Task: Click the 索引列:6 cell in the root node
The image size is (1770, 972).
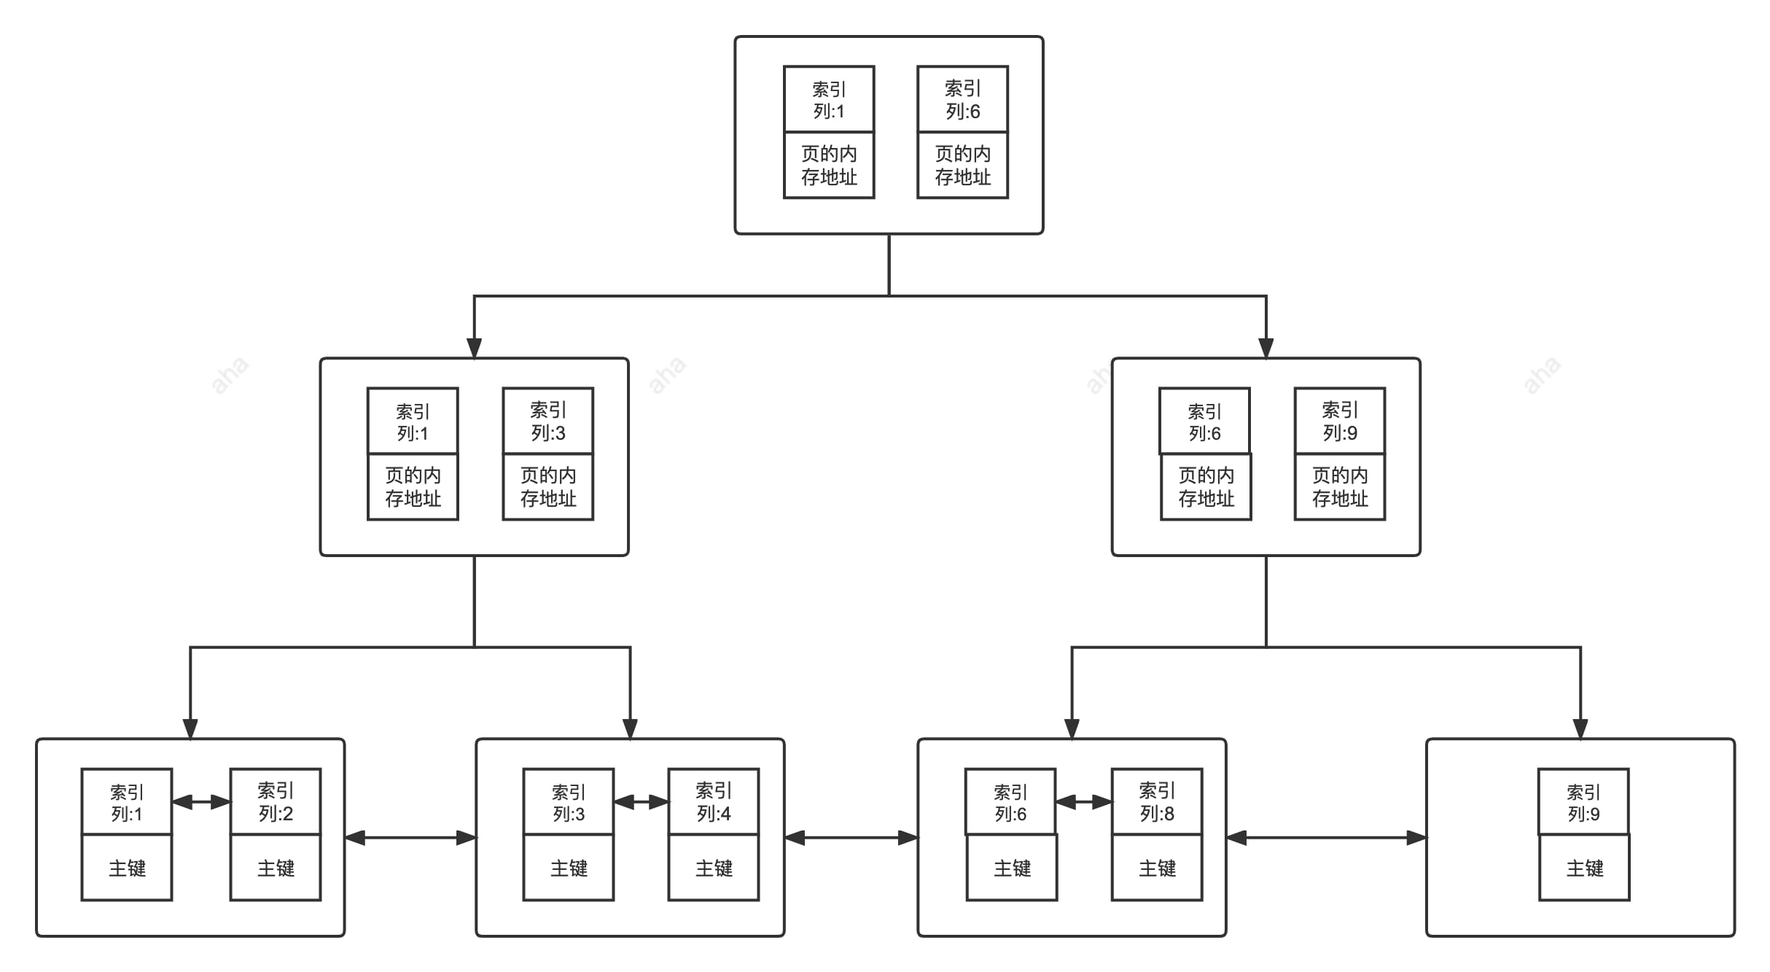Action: coord(962,99)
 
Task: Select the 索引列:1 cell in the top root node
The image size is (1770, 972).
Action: coord(829,99)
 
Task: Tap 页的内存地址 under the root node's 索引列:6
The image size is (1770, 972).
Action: coord(962,166)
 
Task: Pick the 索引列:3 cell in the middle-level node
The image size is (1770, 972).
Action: coord(548,421)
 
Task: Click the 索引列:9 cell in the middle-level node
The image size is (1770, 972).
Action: coord(1340,421)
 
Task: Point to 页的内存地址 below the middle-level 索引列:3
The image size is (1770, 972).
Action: coord(548,487)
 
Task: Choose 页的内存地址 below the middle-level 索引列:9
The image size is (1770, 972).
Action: coord(1340,487)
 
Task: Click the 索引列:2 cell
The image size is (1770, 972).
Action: coord(276,801)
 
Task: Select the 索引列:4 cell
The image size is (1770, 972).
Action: coord(714,801)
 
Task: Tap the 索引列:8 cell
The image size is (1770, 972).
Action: coord(1157,801)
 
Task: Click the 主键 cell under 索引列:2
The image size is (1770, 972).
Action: coord(276,868)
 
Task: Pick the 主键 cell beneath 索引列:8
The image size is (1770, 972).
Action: coord(1157,868)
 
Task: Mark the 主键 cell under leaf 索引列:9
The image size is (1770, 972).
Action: coord(1584,868)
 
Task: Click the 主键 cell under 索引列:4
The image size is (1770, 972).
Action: coord(714,868)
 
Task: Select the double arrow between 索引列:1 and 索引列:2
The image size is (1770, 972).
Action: coord(201,802)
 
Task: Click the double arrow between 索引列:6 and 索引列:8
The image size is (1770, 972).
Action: coord(1084,802)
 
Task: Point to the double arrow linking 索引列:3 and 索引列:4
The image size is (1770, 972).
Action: coord(642,802)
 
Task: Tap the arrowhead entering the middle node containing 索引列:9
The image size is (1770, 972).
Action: coord(1266,348)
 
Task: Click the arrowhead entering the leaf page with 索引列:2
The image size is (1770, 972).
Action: coord(190,728)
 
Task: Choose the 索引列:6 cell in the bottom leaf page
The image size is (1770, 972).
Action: coord(1010,801)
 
